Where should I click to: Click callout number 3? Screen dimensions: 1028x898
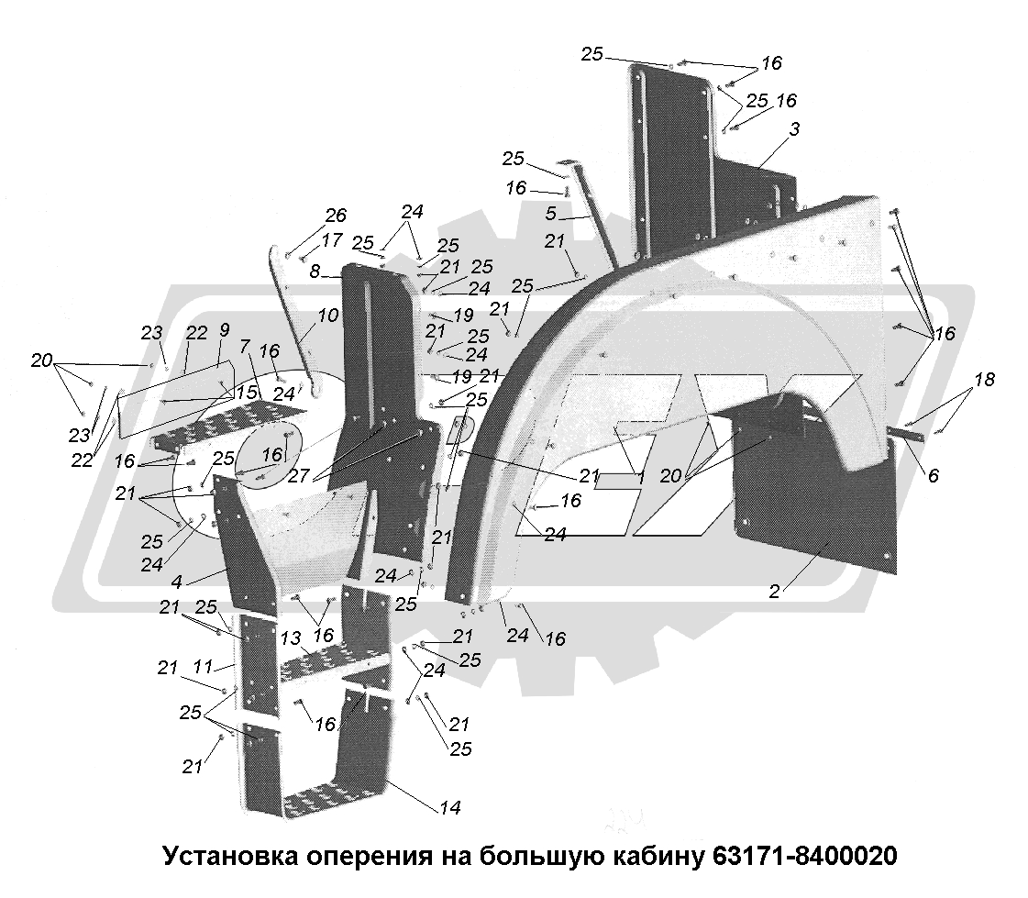(x=794, y=129)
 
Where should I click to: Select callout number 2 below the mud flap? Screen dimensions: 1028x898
(x=775, y=592)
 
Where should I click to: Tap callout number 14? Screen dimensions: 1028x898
(x=450, y=807)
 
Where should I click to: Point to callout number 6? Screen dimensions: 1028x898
(x=933, y=475)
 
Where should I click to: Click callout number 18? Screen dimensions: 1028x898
(x=985, y=380)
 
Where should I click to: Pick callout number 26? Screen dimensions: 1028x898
(x=336, y=216)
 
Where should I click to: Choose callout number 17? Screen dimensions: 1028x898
(x=332, y=240)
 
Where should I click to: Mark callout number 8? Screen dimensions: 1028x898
(x=315, y=271)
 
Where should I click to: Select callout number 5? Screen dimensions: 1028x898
(x=551, y=213)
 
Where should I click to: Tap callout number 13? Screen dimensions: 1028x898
(x=291, y=637)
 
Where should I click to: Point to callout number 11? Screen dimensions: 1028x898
(x=204, y=667)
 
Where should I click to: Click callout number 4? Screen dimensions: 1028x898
(x=177, y=582)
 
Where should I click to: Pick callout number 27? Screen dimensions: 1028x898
(x=298, y=475)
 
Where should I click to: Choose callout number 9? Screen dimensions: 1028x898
(x=225, y=330)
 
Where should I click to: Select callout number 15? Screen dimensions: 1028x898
(x=247, y=393)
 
